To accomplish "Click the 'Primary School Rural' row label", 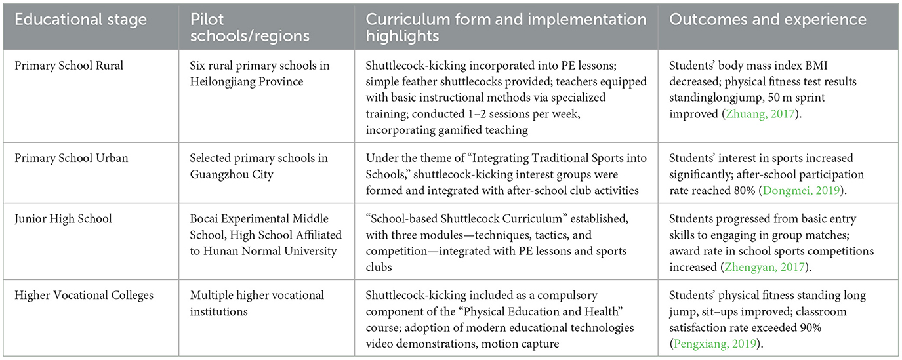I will click(x=66, y=66).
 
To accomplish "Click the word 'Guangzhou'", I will click(x=218, y=174).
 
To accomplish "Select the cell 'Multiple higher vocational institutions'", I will click(x=256, y=302).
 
